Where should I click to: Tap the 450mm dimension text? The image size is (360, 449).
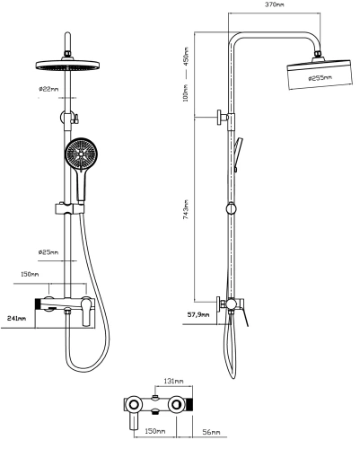187,56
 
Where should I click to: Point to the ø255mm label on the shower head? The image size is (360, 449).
320,78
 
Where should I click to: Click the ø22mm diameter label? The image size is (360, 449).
49,90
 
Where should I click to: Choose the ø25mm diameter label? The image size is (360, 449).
49,251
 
